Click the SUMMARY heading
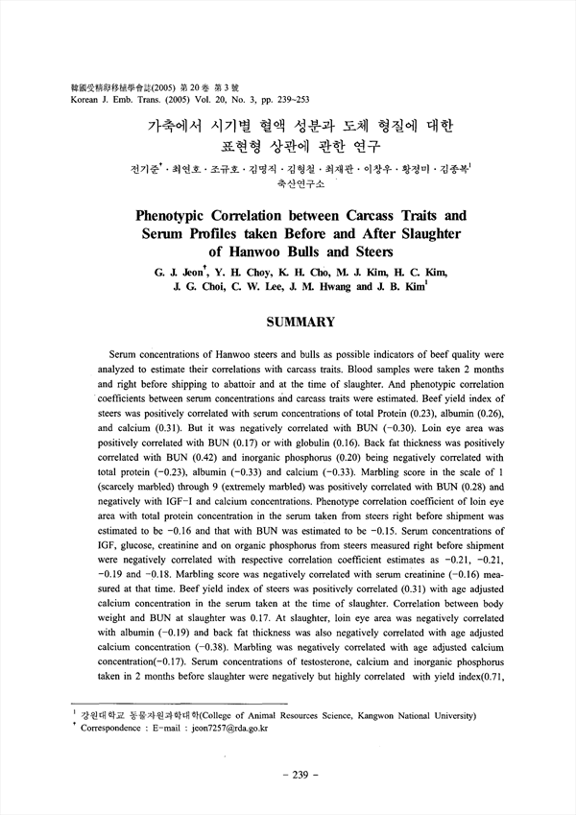[287, 322]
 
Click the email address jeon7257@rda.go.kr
[231, 729]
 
